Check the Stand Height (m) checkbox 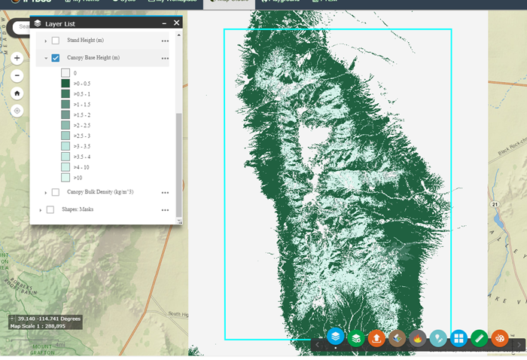pos(56,40)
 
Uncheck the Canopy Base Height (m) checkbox pos(56,58)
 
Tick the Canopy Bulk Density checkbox pos(56,193)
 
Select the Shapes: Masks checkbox pos(50,209)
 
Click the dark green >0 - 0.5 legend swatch pos(65,84)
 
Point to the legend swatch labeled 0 pos(65,73)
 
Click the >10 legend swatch pos(65,177)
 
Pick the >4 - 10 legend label pos(81,166)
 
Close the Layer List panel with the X pos(177,23)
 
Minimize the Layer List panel pos(164,23)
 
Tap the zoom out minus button pos(17,75)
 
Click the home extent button pos(17,93)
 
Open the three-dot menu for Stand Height pos(164,40)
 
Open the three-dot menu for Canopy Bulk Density pos(164,193)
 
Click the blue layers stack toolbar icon pos(335,337)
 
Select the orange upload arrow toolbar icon pos(376,338)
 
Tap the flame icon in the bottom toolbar pos(418,338)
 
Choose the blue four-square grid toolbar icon pos(458,338)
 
